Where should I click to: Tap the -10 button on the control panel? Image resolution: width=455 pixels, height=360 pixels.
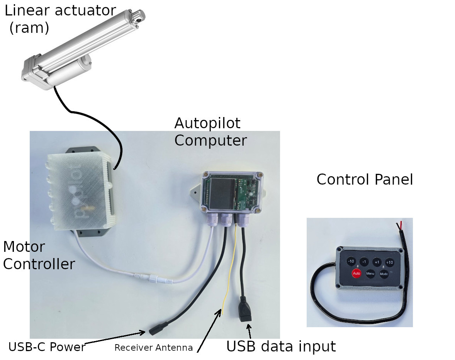[351, 262]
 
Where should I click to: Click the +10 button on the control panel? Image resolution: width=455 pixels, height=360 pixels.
[389, 262]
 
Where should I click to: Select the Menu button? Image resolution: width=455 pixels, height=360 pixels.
[370, 273]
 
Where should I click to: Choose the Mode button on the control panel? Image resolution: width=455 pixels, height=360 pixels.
[384, 273]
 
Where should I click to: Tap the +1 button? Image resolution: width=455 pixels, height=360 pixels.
[377, 262]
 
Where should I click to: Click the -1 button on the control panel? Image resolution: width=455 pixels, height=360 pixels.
[364, 262]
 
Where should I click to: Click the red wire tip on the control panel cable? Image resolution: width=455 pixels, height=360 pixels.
[401, 224]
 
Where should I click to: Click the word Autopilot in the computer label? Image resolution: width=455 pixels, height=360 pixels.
[207, 123]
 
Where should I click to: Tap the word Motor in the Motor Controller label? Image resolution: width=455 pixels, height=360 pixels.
[24, 247]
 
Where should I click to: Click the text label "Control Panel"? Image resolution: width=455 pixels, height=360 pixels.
[365, 180]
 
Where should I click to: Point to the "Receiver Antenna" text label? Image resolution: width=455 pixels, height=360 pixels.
[153, 348]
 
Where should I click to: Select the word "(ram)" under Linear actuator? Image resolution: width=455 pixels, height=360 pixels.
[29, 28]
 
